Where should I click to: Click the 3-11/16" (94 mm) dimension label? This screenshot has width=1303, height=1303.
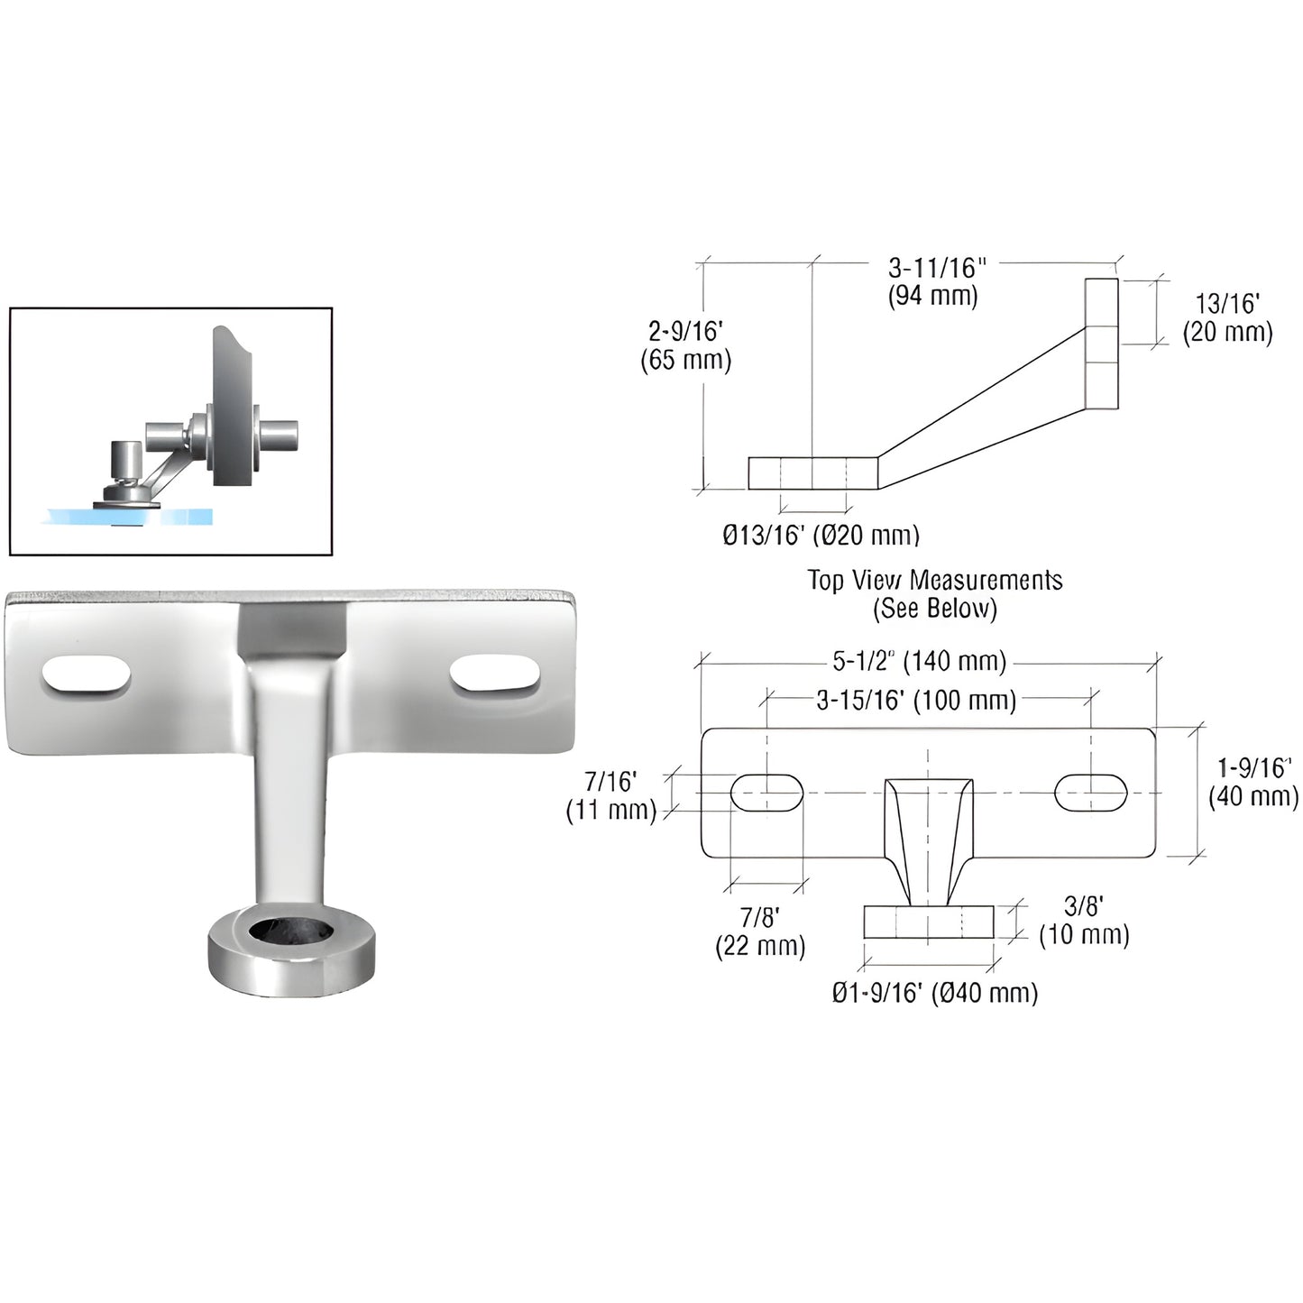[x=934, y=282]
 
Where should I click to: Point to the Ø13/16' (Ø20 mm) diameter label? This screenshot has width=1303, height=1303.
[x=821, y=536]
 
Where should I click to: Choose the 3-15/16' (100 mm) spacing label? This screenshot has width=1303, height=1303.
[x=916, y=700]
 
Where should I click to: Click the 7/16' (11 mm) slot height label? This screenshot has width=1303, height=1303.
[x=611, y=795]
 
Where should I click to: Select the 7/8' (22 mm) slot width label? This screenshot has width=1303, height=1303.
[x=759, y=932]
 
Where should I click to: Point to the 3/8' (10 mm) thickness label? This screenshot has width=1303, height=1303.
[x=1083, y=921]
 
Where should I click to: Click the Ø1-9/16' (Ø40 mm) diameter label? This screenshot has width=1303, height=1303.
[x=934, y=993]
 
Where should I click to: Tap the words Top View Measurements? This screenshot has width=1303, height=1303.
[x=934, y=580]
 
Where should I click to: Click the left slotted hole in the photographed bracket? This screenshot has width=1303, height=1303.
[x=88, y=676]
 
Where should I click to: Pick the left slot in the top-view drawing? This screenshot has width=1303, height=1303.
[x=766, y=793]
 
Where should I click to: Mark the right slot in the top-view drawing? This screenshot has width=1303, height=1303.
[x=1091, y=792]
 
